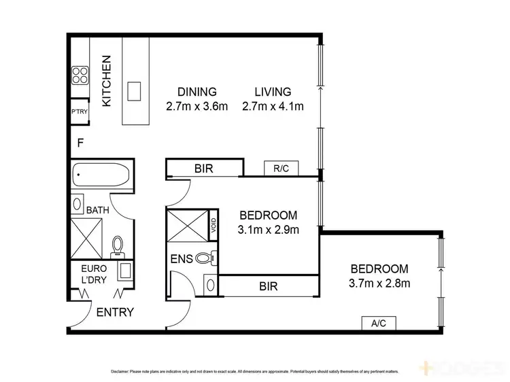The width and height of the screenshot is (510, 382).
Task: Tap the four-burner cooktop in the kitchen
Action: [80, 74]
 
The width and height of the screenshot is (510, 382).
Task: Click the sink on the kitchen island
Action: [134, 90]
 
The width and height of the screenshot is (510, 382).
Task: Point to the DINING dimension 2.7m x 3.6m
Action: [196, 106]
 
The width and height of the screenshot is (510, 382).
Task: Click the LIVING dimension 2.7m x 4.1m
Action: [273, 106]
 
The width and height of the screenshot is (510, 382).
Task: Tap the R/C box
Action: [281, 167]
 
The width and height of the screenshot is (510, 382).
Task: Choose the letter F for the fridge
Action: [80, 143]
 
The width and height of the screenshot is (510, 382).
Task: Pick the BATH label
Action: [97, 211]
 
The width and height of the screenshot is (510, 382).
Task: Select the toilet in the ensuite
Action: [206, 258]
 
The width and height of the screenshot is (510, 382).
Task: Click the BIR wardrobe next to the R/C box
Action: [204, 168]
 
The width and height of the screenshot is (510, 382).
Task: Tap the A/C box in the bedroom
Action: [379, 324]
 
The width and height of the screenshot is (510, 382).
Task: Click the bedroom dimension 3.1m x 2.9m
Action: [269, 230]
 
